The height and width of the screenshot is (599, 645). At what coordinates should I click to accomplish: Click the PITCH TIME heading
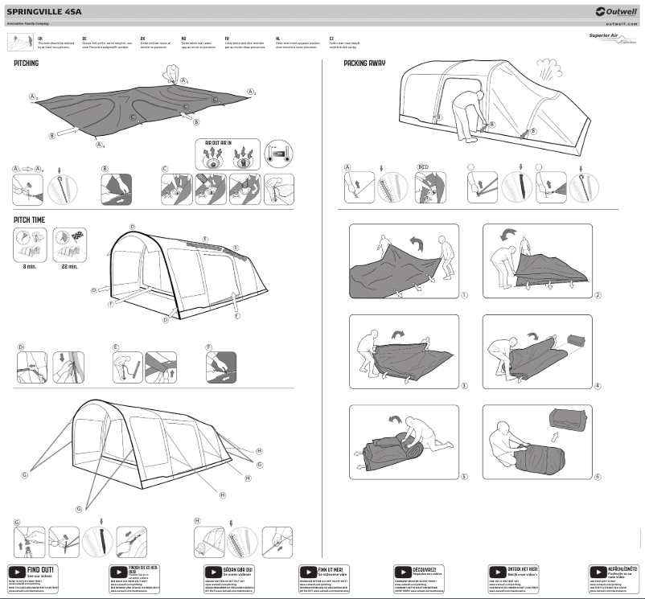click(x=28, y=219)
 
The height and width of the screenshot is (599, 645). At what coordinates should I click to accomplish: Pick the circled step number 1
click(x=464, y=295)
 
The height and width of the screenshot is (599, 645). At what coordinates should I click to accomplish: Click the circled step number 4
click(x=598, y=385)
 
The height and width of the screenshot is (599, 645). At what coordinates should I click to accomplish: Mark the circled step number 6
click(x=598, y=476)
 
